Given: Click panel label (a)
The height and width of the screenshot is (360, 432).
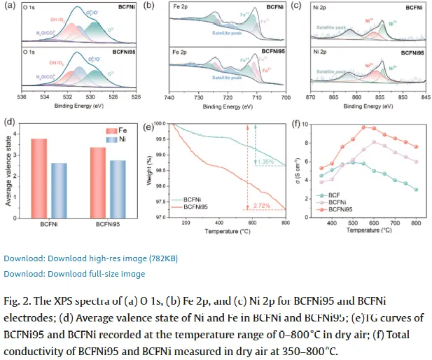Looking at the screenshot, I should click(8, 6).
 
